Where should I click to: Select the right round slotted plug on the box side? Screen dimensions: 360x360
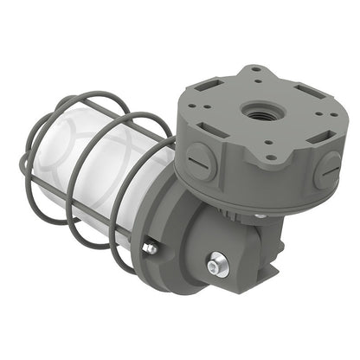tap(328, 168)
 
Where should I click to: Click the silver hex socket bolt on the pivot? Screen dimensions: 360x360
tap(218, 264)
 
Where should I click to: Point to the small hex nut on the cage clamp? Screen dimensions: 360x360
tap(150, 248)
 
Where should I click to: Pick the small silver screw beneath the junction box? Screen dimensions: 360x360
tap(260, 215)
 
